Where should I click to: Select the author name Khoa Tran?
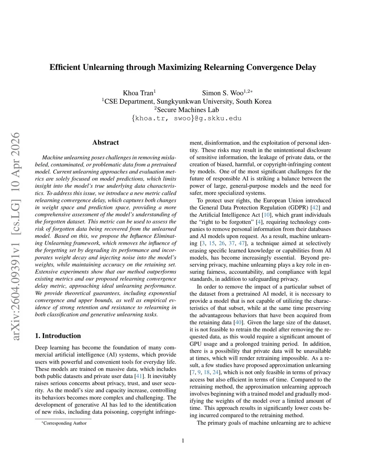click(x=138, y=93)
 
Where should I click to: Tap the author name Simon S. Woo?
click(x=222, y=93)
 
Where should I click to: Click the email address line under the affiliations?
click(x=186, y=118)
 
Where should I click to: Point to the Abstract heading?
click(x=105, y=142)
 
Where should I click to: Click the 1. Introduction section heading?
click(x=58, y=336)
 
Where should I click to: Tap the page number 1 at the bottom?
click(x=183, y=441)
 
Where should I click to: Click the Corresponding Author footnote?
click(x=65, y=423)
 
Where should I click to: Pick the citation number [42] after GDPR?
click(x=316, y=207)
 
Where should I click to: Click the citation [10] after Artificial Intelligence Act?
click(x=267, y=215)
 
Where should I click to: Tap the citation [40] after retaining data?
click(x=238, y=322)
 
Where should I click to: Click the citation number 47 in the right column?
click(x=242, y=243)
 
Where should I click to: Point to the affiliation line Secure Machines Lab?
click(x=186, y=110)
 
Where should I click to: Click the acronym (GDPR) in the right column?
click(x=299, y=207)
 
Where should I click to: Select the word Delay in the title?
click(x=306, y=67)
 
